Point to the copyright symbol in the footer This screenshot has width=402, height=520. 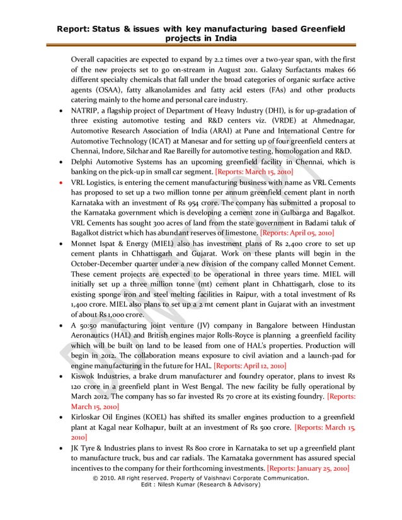[x=96, y=478]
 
